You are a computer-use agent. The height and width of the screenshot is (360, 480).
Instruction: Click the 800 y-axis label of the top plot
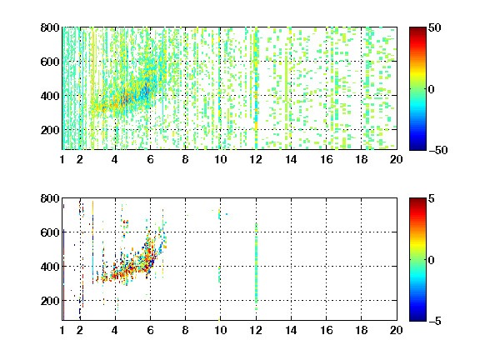[x=50, y=27]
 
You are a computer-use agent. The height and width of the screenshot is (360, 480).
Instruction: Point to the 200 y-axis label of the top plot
[x=50, y=130]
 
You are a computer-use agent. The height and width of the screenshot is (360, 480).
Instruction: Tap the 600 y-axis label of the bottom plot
[x=50, y=232]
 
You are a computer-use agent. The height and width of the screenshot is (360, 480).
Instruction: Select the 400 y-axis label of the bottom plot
[x=50, y=267]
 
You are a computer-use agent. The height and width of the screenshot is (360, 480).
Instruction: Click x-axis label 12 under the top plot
[x=256, y=159]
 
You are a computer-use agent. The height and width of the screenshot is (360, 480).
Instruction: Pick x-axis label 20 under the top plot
[x=396, y=159]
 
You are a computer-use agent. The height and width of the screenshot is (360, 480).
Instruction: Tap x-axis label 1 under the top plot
[x=62, y=159]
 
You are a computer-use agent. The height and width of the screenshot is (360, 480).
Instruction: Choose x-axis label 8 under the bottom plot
[x=185, y=330]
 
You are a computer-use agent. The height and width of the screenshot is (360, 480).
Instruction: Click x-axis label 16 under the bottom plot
[x=327, y=330]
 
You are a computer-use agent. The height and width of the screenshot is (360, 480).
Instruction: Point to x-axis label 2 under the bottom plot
[x=80, y=330]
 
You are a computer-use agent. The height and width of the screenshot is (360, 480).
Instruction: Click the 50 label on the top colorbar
[x=435, y=28]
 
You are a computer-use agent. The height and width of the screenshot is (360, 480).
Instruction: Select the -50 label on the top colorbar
[x=437, y=150]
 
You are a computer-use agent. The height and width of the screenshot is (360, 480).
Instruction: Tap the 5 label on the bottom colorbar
[x=432, y=199]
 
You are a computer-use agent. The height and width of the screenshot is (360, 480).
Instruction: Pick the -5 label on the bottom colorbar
[x=435, y=321]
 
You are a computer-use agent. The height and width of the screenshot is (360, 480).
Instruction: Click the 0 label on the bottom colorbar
[x=432, y=260]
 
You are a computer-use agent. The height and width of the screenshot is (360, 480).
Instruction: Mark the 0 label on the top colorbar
[x=432, y=89]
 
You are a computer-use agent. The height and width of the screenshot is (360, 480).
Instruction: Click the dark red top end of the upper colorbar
[x=417, y=29]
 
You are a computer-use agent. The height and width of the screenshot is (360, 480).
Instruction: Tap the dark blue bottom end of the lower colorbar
[x=417, y=318]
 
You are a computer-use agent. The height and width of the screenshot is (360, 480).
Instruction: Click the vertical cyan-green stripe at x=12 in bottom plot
[x=256, y=267]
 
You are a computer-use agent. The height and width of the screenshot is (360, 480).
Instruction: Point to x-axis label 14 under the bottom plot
[x=291, y=330]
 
